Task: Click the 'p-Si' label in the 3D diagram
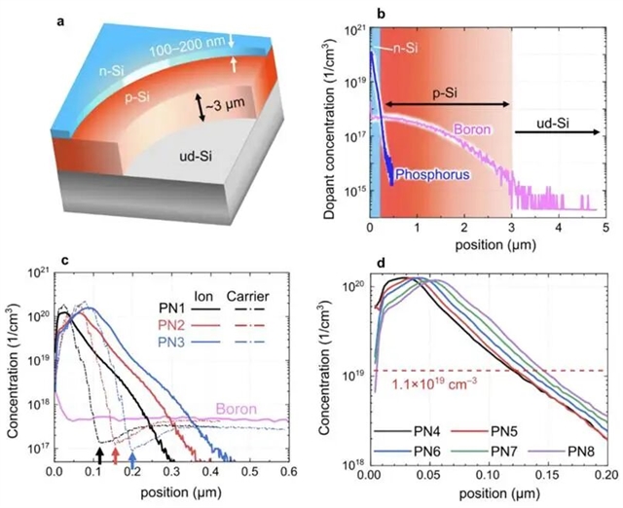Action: pyautogui.click(x=134, y=96)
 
